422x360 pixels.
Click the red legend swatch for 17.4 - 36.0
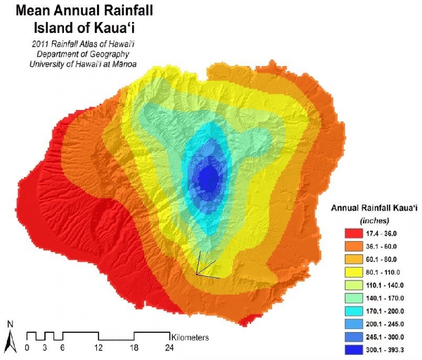click(x=353, y=233)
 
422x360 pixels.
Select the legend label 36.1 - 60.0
click(x=381, y=246)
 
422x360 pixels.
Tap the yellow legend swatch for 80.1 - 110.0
click(x=353, y=272)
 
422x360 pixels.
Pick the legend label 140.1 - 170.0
click(x=385, y=298)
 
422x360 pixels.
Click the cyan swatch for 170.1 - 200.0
click(x=353, y=311)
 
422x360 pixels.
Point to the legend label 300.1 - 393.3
click(x=385, y=350)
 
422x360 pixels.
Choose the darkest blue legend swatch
click(x=353, y=350)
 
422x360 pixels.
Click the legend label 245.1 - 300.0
click(x=385, y=337)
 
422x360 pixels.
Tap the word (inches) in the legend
click(x=374, y=221)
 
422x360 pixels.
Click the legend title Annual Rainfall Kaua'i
click(x=374, y=208)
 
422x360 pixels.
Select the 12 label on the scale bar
click(x=99, y=348)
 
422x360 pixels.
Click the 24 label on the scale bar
click(x=169, y=348)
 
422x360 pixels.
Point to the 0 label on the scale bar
click(x=27, y=348)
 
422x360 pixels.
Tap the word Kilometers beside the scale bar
click(x=190, y=337)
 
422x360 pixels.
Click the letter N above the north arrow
click(x=10, y=325)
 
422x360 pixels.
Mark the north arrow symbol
click(x=12, y=341)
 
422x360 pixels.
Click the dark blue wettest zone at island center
click(x=209, y=178)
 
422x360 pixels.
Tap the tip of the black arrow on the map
click(x=197, y=275)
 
